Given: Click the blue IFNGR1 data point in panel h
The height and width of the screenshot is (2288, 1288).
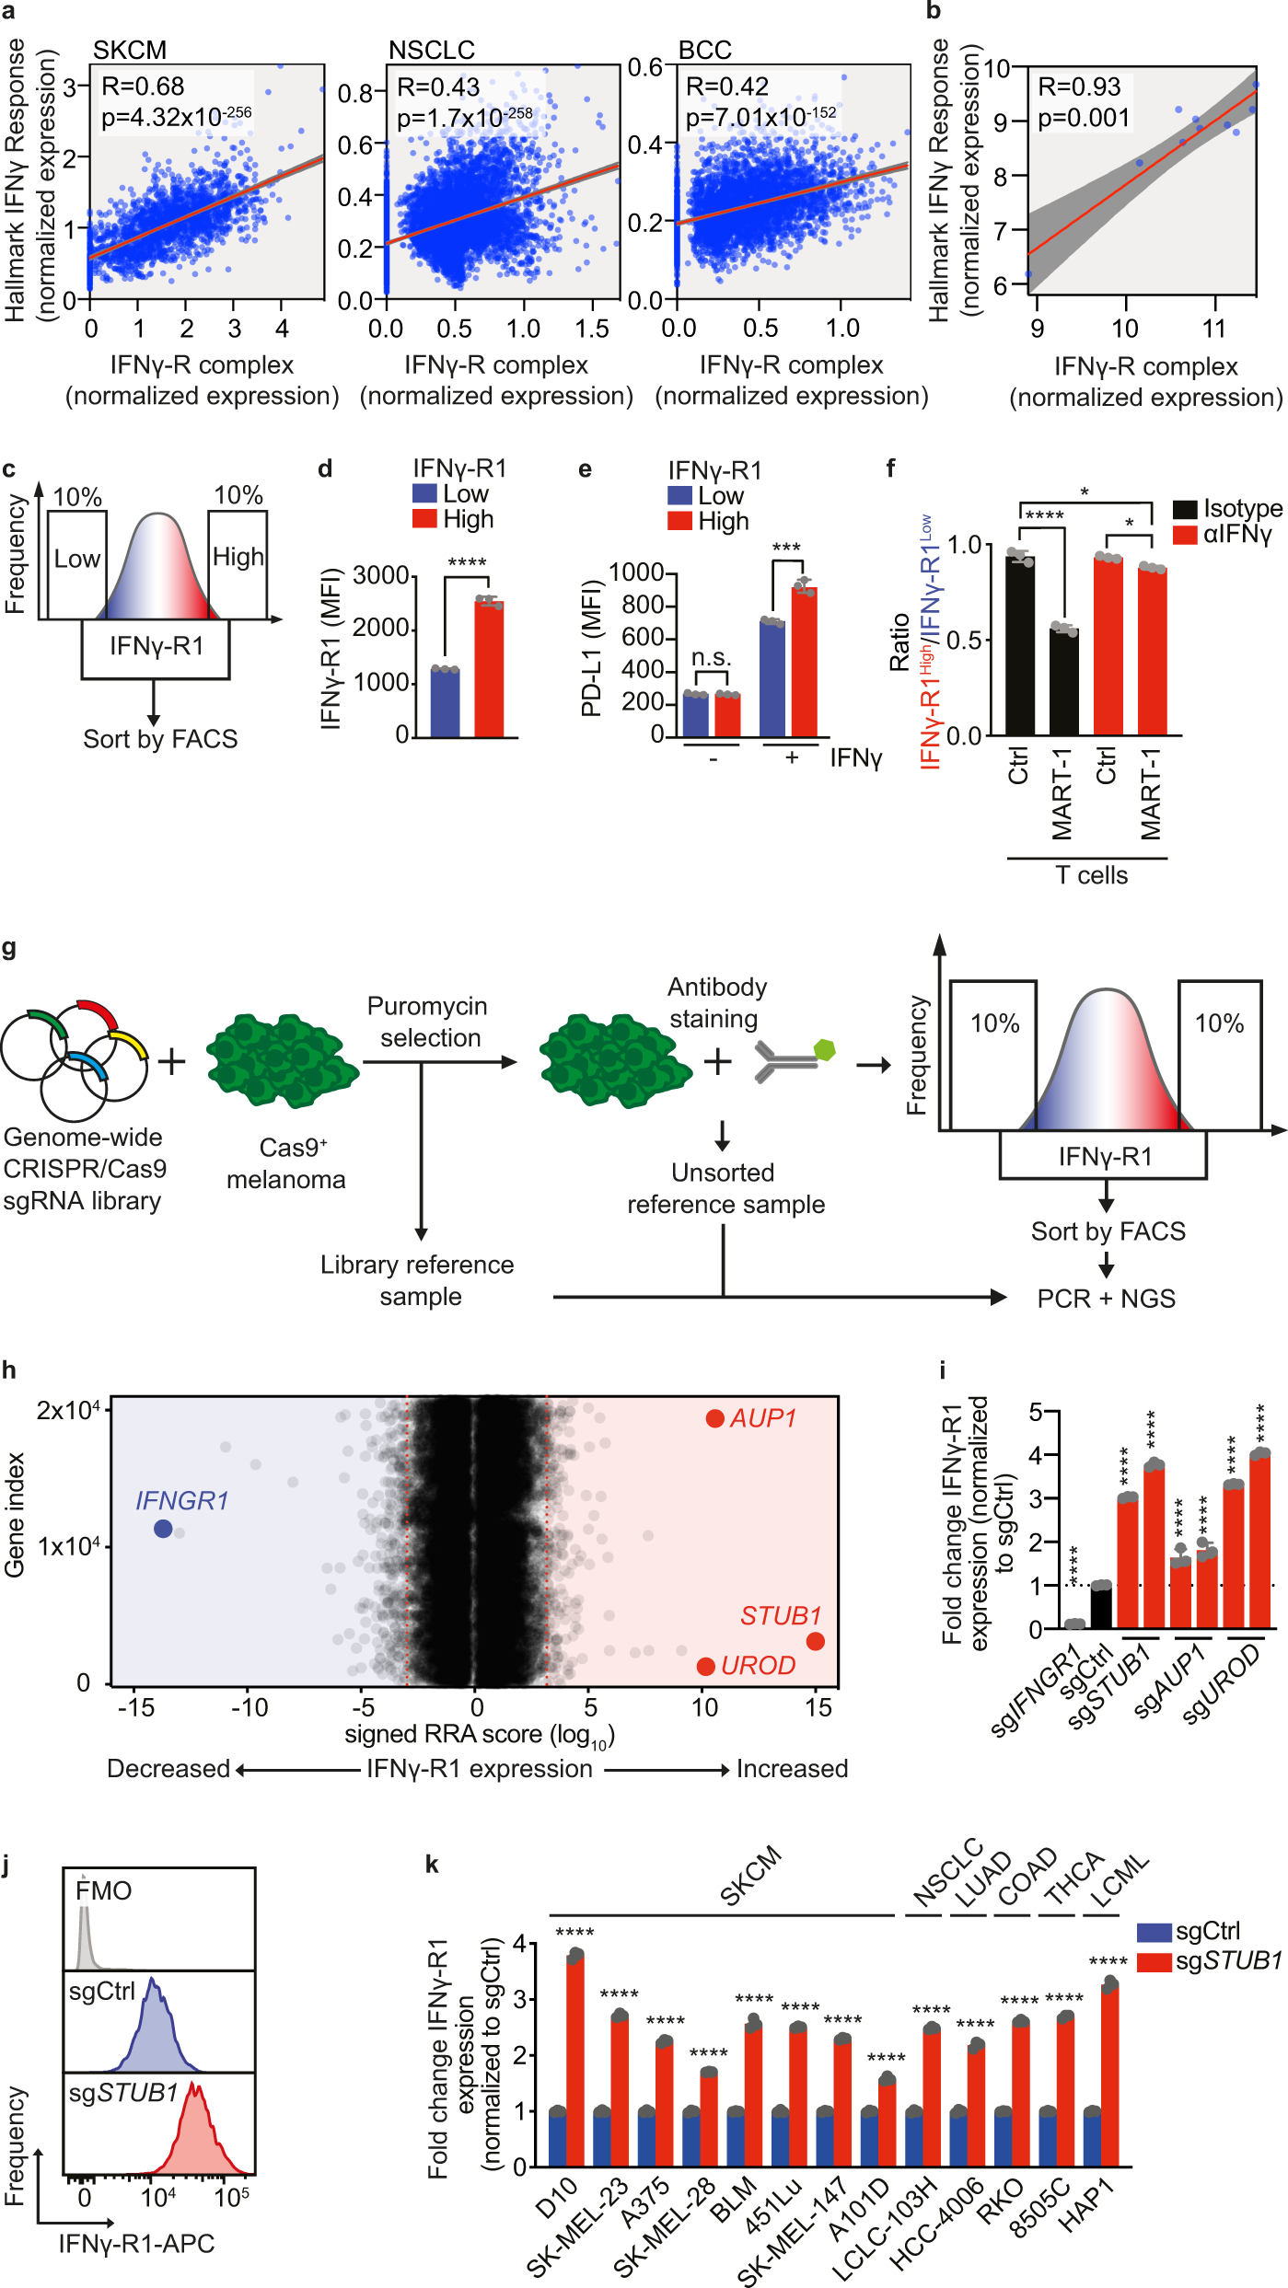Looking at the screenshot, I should tap(163, 1529).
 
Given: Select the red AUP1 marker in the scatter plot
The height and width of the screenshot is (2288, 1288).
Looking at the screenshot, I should tap(714, 1418).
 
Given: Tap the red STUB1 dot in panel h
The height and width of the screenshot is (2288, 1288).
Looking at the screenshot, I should tap(815, 1641).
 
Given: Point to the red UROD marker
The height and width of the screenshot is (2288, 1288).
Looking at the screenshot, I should tap(706, 1667).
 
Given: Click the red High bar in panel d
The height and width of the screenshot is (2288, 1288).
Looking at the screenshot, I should tap(489, 669).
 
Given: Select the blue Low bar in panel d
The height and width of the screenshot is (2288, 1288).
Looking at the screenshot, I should tap(446, 703).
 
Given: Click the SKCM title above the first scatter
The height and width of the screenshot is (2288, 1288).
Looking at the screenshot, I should tap(130, 50).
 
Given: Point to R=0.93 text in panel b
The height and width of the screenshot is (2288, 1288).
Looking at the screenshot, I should tap(1079, 87).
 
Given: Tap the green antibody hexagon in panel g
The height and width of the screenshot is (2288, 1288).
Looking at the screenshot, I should tap(825, 1050).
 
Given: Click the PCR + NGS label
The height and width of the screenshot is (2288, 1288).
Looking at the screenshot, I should tap(1106, 1299).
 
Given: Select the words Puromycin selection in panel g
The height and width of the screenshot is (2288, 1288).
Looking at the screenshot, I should tap(427, 1022).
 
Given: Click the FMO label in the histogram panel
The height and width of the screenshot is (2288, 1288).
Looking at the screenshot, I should tap(104, 1890).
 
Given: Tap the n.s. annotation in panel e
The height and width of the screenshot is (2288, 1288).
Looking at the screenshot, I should tap(712, 658).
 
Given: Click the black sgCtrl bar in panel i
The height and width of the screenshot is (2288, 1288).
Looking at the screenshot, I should tap(1101, 1607).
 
